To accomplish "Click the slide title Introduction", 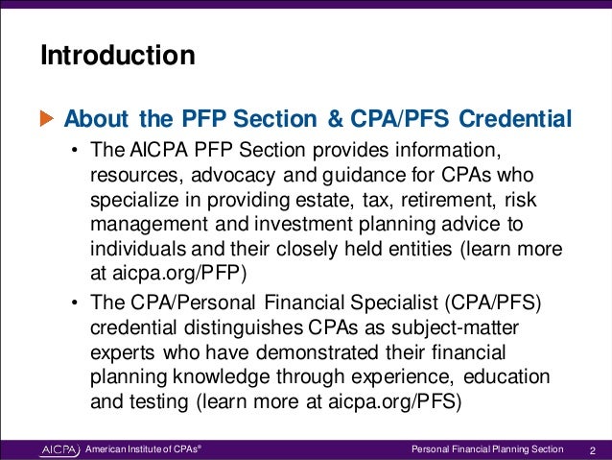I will tap(117, 56).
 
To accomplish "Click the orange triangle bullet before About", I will tap(47, 119).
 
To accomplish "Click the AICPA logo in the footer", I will tap(60, 448).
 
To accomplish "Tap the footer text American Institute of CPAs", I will tap(143, 448).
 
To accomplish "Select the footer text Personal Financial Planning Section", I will tap(487, 448).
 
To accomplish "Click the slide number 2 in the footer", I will tap(593, 448).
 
